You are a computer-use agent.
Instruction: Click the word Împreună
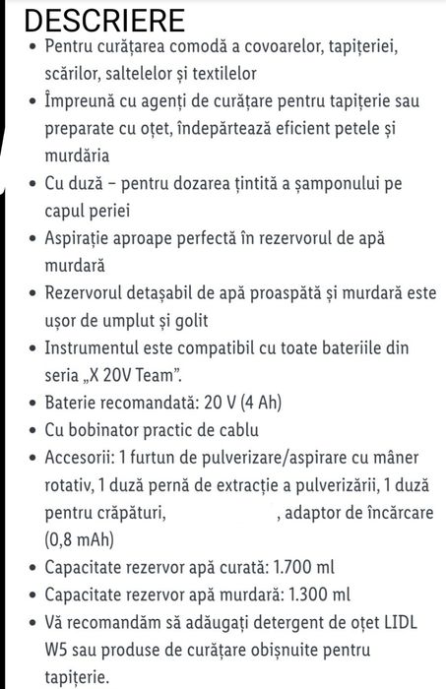coord(86,100)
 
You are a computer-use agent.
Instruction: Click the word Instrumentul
coord(96,348)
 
